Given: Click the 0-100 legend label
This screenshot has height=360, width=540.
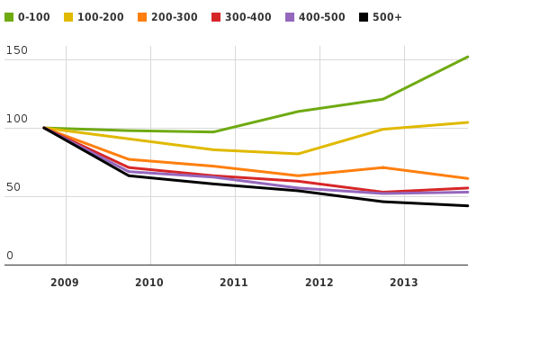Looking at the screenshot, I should [x=34, y=17].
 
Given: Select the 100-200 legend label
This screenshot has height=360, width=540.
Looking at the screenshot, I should [x=101, y=17].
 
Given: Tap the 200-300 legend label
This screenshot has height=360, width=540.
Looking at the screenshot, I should [x=175, y=17].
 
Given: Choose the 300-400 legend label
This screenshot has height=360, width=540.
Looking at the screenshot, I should [x=248, y=17].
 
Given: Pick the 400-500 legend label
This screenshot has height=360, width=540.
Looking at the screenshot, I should [x=322, y=17].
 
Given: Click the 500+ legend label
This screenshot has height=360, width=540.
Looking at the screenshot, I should [x=388, y=17].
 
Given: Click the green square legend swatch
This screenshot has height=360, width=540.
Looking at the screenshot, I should [x=9, y=17].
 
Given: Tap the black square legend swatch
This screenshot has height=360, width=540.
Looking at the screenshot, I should [x=364, y=17].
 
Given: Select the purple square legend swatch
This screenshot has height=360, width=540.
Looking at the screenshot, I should [x=290, y=17].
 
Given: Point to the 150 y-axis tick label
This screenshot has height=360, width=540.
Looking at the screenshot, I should [x=16, y=51].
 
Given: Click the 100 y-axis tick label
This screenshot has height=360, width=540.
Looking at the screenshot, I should [x=16, y=120].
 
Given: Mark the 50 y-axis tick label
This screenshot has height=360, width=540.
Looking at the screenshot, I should [x=13, y=188].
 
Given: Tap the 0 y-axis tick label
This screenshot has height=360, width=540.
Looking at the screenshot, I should [x=10, y=256].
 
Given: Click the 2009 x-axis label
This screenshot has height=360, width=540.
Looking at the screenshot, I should [x=65, y=283].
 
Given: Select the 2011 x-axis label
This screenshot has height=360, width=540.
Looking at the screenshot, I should [x=234, y=283].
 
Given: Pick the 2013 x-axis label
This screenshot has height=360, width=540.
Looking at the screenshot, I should [x=403, y=283].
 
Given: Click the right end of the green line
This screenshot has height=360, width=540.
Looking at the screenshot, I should [x=467, y=57].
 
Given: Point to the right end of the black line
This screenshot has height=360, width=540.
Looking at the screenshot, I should [x=467, y=206].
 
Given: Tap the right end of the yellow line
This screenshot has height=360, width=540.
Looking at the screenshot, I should [x=467, y=122].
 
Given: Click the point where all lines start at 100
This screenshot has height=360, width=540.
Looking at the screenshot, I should [x=44, y=128].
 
